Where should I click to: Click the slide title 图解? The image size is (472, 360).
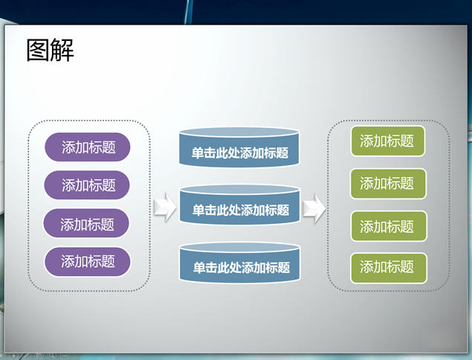50,50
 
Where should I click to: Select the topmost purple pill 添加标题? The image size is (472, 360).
87,147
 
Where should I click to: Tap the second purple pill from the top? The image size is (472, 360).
87,185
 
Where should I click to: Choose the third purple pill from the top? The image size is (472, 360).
86,223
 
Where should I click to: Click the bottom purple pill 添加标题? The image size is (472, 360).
87,262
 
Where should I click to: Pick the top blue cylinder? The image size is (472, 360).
239,147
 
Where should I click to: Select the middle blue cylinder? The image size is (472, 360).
240,205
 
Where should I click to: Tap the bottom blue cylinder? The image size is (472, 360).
240,263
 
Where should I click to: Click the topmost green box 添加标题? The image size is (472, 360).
388,141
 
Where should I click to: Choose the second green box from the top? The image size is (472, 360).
388,184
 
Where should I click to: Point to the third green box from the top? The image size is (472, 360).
389,226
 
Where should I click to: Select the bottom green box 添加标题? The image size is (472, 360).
389,268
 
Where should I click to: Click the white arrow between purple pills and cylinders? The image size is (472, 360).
165,208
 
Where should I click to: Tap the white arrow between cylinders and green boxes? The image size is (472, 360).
314,208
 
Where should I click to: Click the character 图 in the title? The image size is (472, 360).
38,50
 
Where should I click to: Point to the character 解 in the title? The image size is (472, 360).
62,50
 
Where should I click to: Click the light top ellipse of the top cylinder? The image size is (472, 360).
239,132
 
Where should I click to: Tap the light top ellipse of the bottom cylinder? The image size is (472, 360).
240,248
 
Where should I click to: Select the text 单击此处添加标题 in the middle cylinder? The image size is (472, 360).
241,210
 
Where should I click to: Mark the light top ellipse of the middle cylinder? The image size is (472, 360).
240,190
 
